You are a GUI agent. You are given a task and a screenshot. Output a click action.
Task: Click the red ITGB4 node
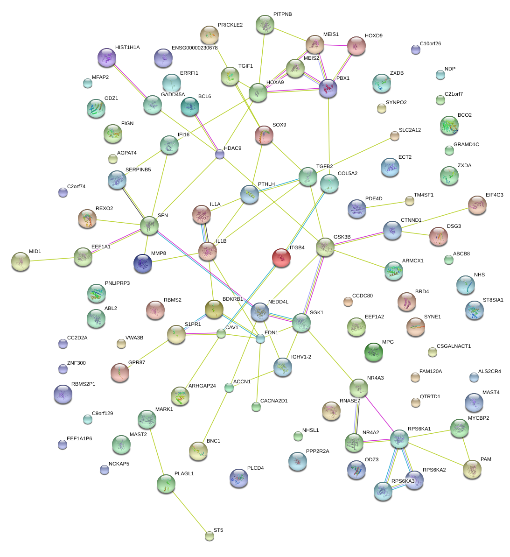(281, 257)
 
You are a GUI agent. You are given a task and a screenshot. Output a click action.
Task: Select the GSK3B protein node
(325, 247)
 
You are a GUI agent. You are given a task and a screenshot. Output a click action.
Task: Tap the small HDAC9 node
(220, 154)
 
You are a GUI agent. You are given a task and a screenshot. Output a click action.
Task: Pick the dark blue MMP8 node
(143, 263)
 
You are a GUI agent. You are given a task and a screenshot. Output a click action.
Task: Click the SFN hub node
(149, 225)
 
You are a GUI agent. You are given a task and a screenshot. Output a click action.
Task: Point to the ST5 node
(210, 536)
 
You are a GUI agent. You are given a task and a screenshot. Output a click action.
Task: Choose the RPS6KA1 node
(399, 438)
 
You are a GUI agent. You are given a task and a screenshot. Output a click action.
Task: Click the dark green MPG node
(373, 352)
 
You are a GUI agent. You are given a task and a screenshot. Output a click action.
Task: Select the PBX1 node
(328, 88)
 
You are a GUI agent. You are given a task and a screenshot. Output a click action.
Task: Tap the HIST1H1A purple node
(107, 57)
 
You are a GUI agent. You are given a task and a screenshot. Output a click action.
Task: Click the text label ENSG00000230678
(195, 48)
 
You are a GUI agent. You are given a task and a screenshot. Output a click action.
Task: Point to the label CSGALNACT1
(454, 346)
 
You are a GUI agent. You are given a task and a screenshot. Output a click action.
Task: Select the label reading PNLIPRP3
(117, 283)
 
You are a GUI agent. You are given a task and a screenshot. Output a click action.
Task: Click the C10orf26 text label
(430, 44)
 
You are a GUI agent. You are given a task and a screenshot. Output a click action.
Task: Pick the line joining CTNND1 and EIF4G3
(434, 217)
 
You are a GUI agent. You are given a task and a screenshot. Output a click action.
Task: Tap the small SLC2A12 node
(395, 136)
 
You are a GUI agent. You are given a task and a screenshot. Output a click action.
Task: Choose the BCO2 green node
(449, 125)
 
